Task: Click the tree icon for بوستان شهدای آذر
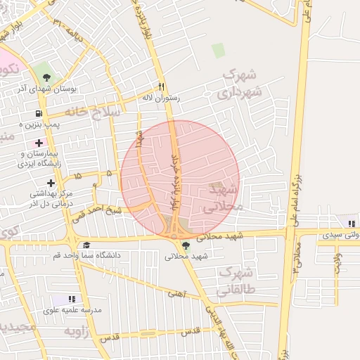tap(46, 77)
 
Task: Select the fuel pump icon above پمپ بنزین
tap(38, 114)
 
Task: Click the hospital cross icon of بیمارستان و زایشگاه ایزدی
tap(38, 143)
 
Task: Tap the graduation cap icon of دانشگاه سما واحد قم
tap(86, 245)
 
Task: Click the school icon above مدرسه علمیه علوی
tap(72, 300)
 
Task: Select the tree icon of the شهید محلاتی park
tap(186, 245)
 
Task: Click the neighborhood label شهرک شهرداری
tap(239, 83)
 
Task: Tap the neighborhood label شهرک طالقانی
tap(237, 280)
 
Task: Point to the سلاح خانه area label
tap(94, 111)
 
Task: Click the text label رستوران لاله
tap(161, 98)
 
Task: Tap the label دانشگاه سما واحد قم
tap(86, 255)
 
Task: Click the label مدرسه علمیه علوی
tap(72, 310)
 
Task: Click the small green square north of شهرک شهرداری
tap(219, 50)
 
